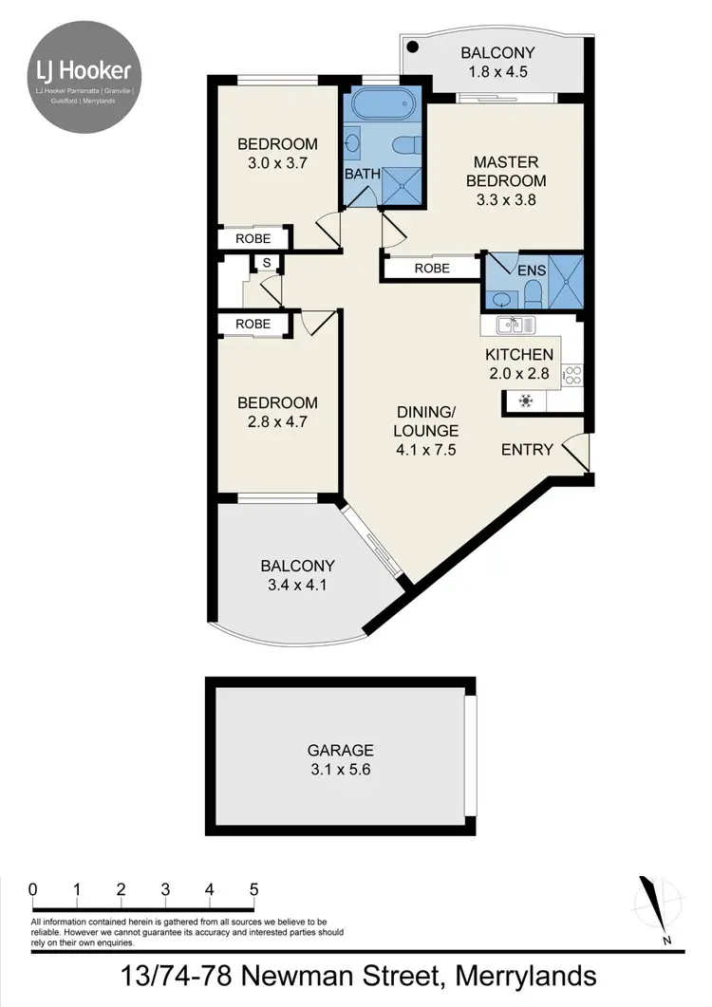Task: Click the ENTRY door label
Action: click(x=527, y=449)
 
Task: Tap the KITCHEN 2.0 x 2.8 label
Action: click(x=518, y=364)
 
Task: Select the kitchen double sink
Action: click(x=515, y=326)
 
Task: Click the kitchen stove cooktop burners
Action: click(x=572, y=375)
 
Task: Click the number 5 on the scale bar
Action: click(x=253, y=889)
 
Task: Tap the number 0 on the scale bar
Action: click(x=33, y=889)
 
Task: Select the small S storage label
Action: click(x=267, y=262)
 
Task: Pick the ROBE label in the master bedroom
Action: click(x=433, y=269)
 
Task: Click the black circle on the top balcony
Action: click(x=413, y=47)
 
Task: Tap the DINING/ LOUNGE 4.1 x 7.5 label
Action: click(x=426, y=431)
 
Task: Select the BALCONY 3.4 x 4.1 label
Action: click(x=297, y=575)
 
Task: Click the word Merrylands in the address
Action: click(x=526, y=976)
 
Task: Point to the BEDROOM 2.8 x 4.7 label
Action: click(x=277, y=412)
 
